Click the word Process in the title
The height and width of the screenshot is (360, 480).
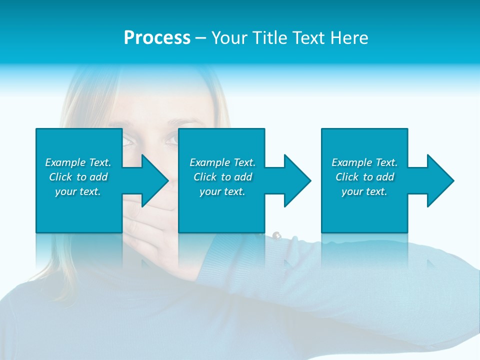click(157, 38)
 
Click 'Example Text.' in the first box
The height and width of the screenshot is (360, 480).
click(78, 162)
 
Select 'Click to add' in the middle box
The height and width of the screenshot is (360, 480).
click(222, 177)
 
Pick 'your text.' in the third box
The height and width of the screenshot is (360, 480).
click(364, 191)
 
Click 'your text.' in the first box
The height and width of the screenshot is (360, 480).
click(78, 191)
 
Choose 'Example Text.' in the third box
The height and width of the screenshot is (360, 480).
click(364, 162)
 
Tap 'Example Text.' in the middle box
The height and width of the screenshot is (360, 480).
click(222, 162)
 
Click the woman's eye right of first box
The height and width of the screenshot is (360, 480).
click(129, 141)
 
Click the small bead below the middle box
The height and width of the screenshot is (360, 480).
click(276, 234)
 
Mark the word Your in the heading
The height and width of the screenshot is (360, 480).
click(229, 38)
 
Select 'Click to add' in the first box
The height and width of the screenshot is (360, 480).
click(78, 177)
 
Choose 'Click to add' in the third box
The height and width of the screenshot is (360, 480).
click(364, 177)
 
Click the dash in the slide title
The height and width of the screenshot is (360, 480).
click(201, 38)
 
